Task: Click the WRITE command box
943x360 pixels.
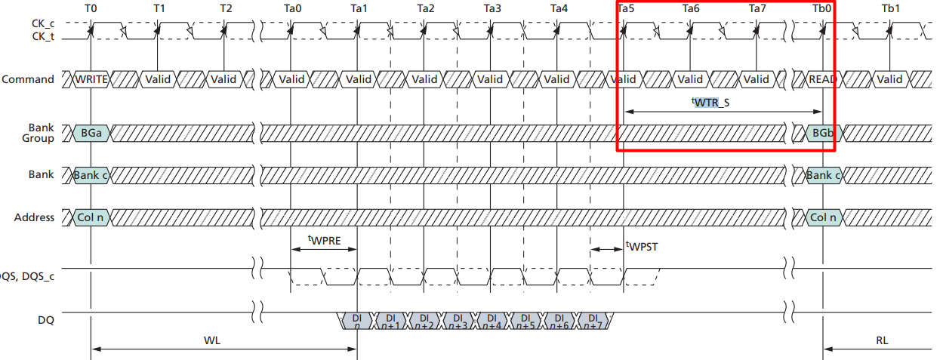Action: [x=91, y=79]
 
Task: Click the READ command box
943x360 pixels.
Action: [x=821, y=79]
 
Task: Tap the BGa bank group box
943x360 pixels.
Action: [x=91, y=134]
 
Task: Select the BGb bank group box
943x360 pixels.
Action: [x=821, y=134]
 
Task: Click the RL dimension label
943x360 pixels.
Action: [x=882, y=340]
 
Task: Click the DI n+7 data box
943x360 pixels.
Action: [x=594, y=322]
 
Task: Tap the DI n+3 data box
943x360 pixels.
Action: [x=458, y=322]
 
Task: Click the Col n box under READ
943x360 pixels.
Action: [x=821, y=218]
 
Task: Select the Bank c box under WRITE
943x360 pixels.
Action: [x=91, y=176]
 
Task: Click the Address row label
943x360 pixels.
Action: [x=34, y=218]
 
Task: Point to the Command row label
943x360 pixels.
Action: [x=29, y=79]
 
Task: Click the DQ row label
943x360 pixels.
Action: [x=46, y=319]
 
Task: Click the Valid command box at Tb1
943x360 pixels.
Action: [x=889, y=79]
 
